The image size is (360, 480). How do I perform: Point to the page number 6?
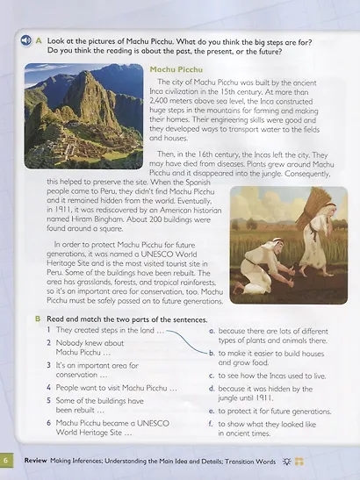[6, 460]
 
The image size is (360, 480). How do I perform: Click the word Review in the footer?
[36, 460]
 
